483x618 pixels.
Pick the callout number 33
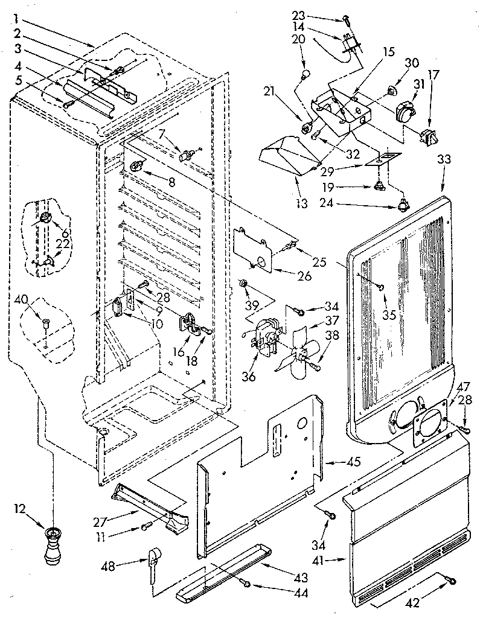444,160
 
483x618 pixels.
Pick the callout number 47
463,386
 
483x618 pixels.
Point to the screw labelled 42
451,580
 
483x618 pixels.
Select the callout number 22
63,243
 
